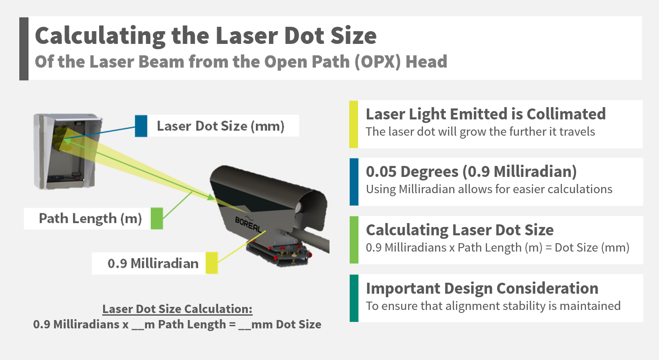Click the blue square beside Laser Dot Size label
pyautogui.click(x=141, y=126)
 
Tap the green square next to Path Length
pyautogui.click(x=157, y=218)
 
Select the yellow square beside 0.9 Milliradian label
pyautogui.click(x=212, y=263)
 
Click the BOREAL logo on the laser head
pyautogui.click(x=248, y=224)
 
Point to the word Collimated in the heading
pyautogui.click(x=566, y=114)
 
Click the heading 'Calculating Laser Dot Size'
pyautogui.click(x=459, y=230)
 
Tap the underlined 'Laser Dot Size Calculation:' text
pyautogui.click(x=177, y=309)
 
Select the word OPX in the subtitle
pyautogui.click(x=378, y=62)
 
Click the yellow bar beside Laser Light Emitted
pyautogui.click(x=354, y=124)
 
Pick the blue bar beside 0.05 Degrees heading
pyautogui.click(x=354, y=182)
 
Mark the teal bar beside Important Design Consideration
pyautogui.click(x=354, y=298)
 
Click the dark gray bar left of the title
pyautogui.click(x=24, y=49)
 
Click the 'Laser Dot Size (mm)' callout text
pyautogui.click(x=221, y=126)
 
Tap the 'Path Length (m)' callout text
pyautogui.click(x=90, y=218)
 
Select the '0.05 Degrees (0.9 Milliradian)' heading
pyautogui.click(x=471, y=172)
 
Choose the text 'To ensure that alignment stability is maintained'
pyautogui.click(x=493, y=306)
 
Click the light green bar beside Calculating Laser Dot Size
pyautogui.click(x=354, y=240)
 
